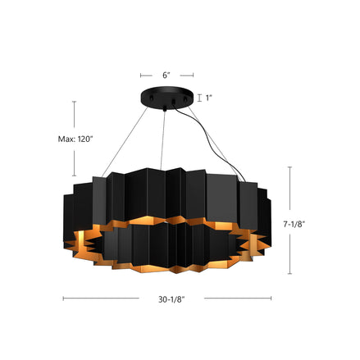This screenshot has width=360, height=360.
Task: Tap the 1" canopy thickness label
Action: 209,98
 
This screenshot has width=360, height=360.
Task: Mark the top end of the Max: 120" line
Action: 75,101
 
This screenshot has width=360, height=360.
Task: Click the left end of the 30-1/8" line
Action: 64,298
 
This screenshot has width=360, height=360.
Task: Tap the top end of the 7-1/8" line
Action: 290,166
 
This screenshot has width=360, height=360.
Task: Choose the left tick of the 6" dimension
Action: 140,75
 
